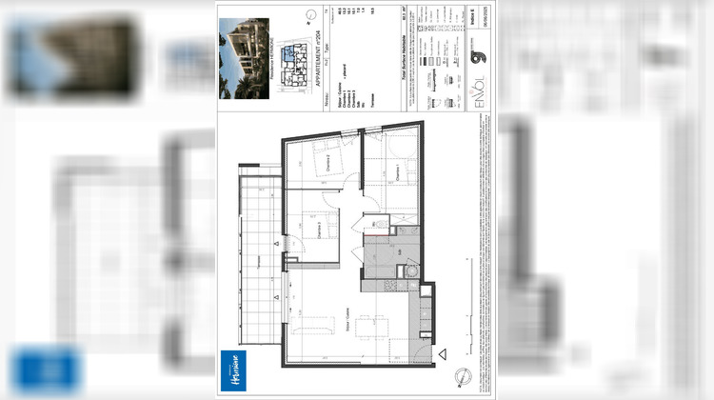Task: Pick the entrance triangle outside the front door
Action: pos(443,356)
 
